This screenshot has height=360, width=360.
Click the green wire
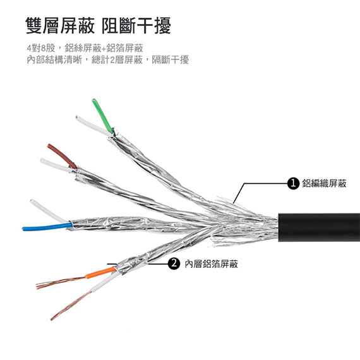102,116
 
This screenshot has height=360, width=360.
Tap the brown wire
62,156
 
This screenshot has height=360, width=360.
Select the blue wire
47,227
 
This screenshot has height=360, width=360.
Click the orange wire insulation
100,272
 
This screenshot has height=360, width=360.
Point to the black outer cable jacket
319,227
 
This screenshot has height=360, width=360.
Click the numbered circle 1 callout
293,183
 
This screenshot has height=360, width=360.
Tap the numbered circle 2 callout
174,263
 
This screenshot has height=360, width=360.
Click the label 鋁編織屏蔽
324,183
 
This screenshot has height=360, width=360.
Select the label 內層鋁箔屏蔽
211,264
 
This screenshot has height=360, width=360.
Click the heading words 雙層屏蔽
60,25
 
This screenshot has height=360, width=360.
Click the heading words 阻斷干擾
136,25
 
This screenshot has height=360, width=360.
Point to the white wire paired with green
93,126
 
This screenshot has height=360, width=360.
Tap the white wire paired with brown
56,165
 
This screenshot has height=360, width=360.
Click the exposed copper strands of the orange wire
61,282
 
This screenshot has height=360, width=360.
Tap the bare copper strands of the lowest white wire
71,306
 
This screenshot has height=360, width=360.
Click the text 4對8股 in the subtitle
41,48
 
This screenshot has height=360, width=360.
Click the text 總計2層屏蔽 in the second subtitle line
117,60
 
